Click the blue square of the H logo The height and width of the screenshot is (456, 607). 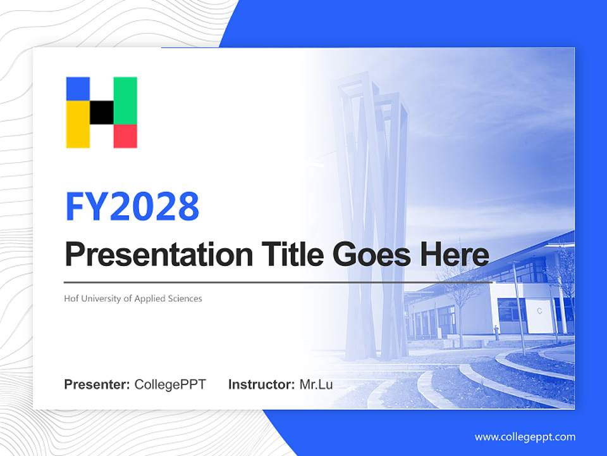(78, 89)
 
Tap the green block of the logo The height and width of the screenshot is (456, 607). (125, 100)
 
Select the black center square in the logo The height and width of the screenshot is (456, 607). (102, 112)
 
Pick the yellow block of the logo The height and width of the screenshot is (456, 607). (78, 125)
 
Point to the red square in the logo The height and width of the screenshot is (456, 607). (125, 136)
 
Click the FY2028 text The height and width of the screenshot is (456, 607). (133, 206)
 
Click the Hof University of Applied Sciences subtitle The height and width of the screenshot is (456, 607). (133, 298)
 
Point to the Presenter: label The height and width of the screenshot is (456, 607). (97, 384)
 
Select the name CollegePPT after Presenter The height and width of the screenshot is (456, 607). (170, 384)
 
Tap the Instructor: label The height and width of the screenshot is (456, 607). (261, 384)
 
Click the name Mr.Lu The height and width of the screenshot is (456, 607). (316, 384)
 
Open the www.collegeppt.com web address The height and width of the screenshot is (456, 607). (525, 437)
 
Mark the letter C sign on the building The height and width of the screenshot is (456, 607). (539, 311)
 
